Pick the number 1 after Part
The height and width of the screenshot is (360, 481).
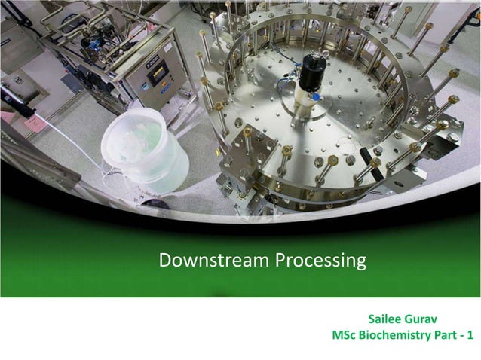(471, 334)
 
